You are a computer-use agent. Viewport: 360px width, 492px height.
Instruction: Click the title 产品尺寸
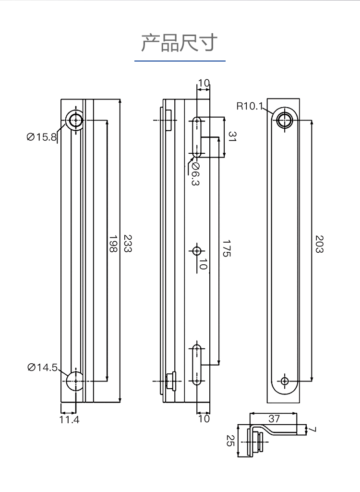(180, 43)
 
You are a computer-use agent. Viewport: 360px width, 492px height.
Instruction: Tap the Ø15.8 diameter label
(42, 137)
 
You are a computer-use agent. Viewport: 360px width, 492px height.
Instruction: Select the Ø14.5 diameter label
(43, 367)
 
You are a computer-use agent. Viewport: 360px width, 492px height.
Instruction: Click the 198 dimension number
(113, 244)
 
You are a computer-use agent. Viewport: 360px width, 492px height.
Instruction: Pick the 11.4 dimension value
(70, 419)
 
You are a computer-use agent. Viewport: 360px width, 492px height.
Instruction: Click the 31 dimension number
(232, 136)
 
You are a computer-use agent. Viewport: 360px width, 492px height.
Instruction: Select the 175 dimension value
(227, 248)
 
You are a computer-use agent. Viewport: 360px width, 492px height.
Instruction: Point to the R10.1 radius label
(249, 106)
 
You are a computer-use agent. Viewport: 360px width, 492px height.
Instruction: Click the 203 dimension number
(319, 244)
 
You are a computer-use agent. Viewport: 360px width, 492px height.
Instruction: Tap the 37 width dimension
(274, 418)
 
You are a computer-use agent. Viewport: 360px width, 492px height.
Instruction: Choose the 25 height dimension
(230, 441)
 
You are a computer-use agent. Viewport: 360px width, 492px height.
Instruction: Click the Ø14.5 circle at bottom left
(75, 381)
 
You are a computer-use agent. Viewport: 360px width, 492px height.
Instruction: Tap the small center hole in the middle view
(197, 251)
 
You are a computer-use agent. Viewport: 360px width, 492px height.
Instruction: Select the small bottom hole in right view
(285, 381)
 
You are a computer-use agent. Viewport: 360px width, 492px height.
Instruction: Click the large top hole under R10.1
(285, 120)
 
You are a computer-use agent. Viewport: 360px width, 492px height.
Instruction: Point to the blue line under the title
(180, 61)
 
